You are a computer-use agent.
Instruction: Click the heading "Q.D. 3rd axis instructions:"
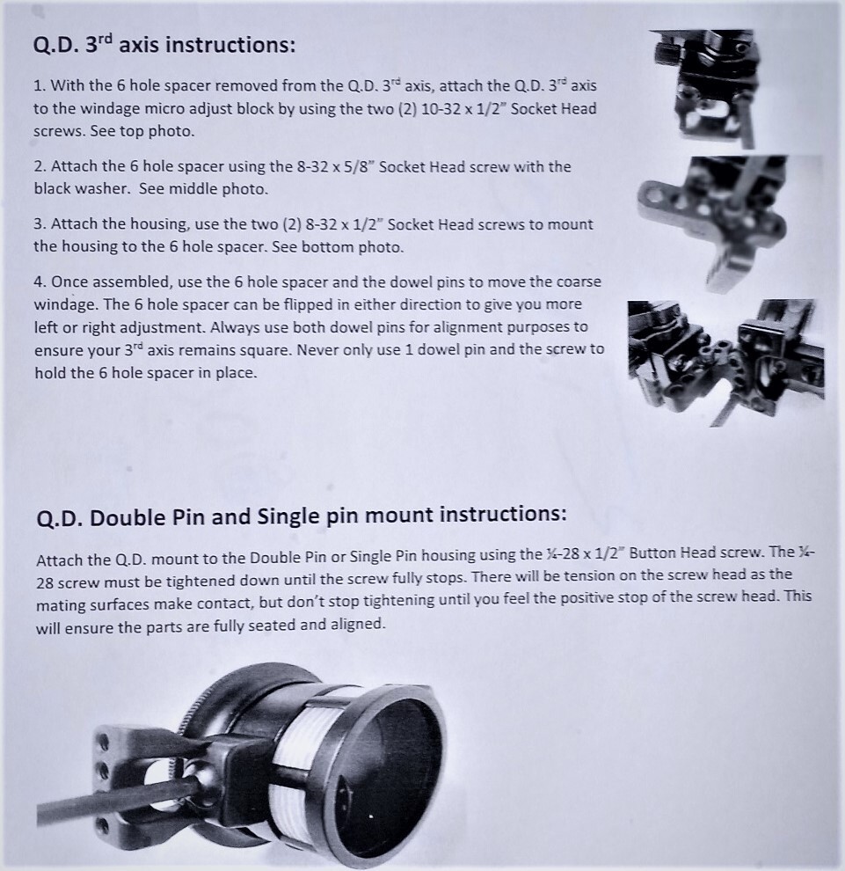(x=164, y=44)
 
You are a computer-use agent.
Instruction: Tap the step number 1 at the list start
(x=39, y=86)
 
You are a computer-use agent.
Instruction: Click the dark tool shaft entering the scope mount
(x=106, y=804)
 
